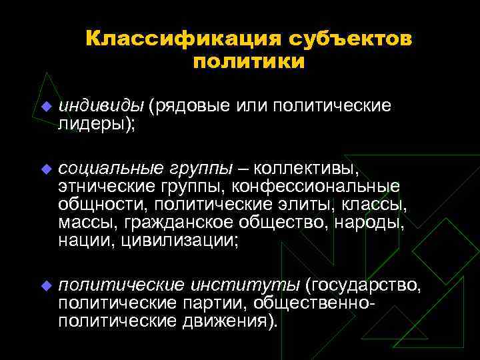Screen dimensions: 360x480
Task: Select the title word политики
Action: (249, 62)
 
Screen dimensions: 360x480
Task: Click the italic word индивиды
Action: (101, 106)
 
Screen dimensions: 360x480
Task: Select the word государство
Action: (364, 286)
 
